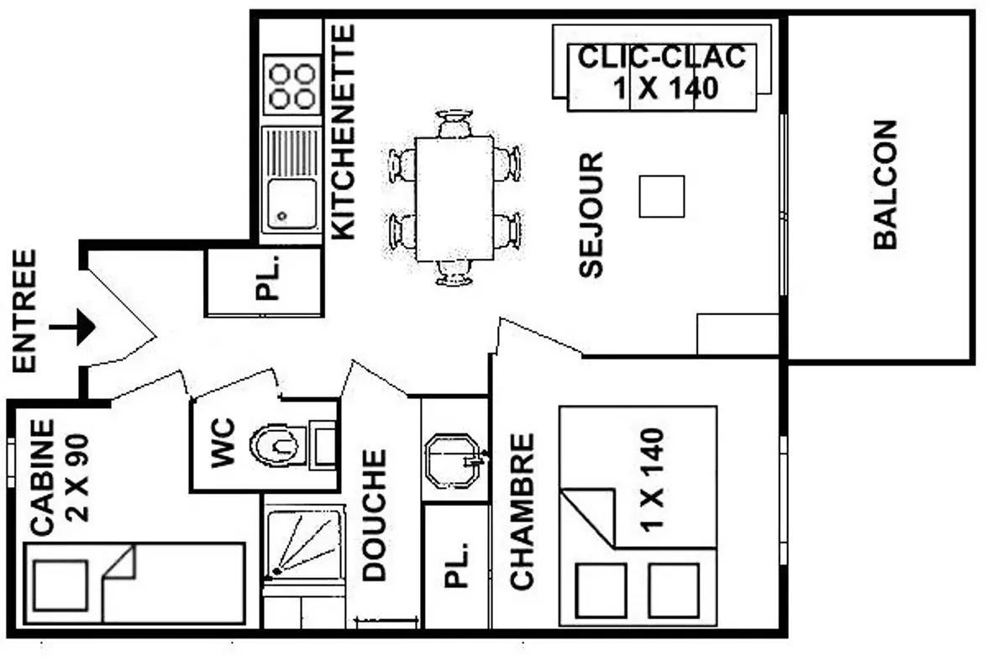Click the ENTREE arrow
tap(72, 327)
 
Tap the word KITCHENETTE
tap(344, 132)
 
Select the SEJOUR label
tap(591, 215)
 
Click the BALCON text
tap(885, 185)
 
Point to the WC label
tap(223, 443)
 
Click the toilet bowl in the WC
tap(276, 445)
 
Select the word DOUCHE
tap(374, 515)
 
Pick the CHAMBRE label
tap(522, 512)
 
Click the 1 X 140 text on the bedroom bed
tap(652, 480)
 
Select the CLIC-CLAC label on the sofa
tap(662, 57)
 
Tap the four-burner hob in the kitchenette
tap(292, 85)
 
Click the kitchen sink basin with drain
tap(291, 204)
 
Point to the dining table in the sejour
tap(454, 198)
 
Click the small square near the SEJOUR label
tap(662, 197)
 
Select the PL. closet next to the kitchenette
tap(264, 282)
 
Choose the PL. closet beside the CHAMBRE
tap(456, 566)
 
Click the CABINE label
tap(42, 478)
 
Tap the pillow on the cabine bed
tap(60, 585)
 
